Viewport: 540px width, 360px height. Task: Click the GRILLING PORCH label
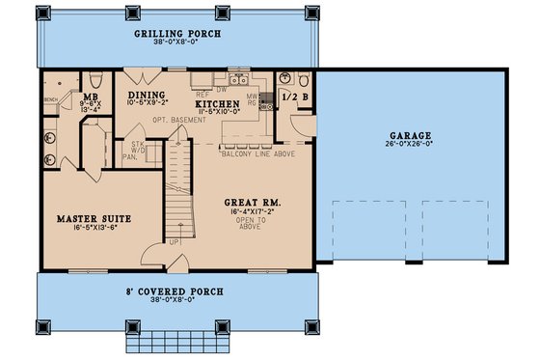tap(179, 33)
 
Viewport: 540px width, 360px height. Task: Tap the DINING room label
tap(147, 95)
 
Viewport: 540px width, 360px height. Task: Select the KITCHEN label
tap(217, 103)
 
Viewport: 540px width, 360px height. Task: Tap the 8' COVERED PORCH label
tap(177, 290)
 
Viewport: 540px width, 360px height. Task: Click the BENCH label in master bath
tap(50, 98)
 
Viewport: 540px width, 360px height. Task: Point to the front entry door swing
tap(151, 255)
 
